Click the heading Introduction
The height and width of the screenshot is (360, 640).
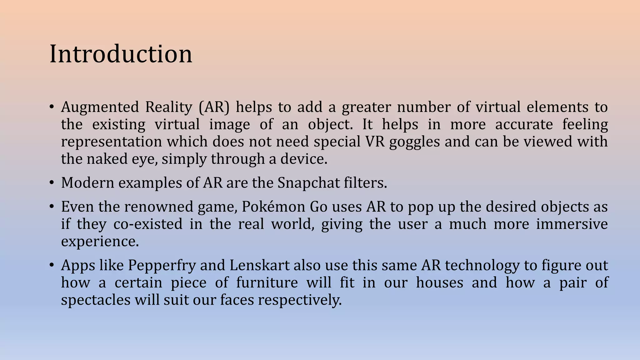tap(121, 54)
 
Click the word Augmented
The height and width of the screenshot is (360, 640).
tap(100, 107)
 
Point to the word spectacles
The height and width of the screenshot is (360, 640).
tap(96, 300)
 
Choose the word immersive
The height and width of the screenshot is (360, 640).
tap(572, 224)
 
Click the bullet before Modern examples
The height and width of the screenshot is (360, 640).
tap(52, 182)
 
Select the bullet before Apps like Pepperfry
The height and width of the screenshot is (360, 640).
tap(52, 265)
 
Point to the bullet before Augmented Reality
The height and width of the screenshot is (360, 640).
tap(52, 107)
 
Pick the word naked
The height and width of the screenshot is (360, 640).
tap(107, 159)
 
